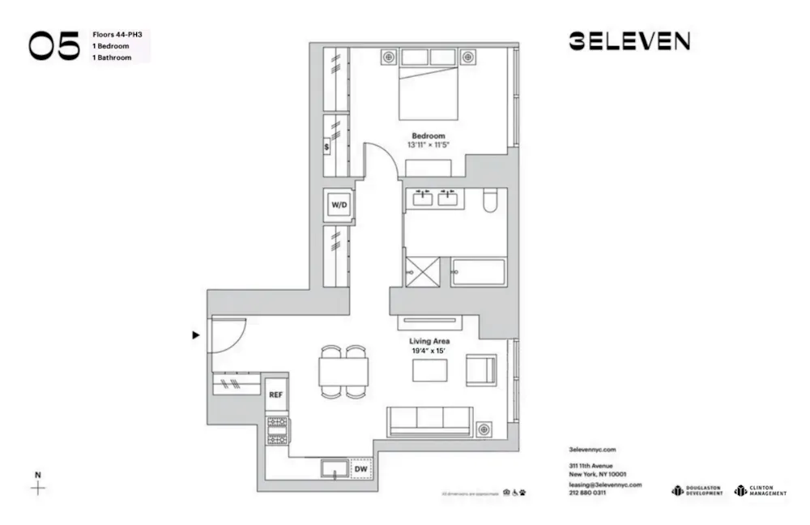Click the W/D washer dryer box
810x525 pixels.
pyautogui.click(x=338, y=206)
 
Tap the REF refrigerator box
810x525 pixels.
pyautogui.click(x=276, y=395)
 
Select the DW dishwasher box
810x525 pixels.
pyautogui.click(x=361, y=468)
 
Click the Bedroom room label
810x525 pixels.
pyautogui.click(x=428, y=135)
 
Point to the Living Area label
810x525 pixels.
pyautogui.click(x=429, y=342)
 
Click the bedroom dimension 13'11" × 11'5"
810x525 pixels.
pyautogui.click(x=428, y=145)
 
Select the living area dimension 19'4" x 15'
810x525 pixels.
pyautogui.click(x=429, y=352)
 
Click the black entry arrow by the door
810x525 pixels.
pyautogui.click(x=195, y=334)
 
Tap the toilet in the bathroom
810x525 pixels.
pyautogui.click(x=489, y=201)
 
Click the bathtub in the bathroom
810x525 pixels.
pyautogui.click(x=478, y=272)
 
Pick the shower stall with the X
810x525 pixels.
pyautogui.click(x=423, y=271)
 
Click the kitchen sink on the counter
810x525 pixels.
pyautogui.click(x=333, y=468)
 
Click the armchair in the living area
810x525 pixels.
pyautogui.click(x=480, y=370)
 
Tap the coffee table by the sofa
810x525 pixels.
pyautogui.click(x=429, y=370)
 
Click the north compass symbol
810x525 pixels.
pyautogui.click(x=37, y=486)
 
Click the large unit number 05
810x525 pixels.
pyautogui.click(x=55, y=47)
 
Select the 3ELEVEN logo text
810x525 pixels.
pyautogui.click(x=629, y=41)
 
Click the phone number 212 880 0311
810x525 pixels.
pyautogui.click(x=587, y=493)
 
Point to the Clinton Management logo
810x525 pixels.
pyautogui.click(x=760, y=490)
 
